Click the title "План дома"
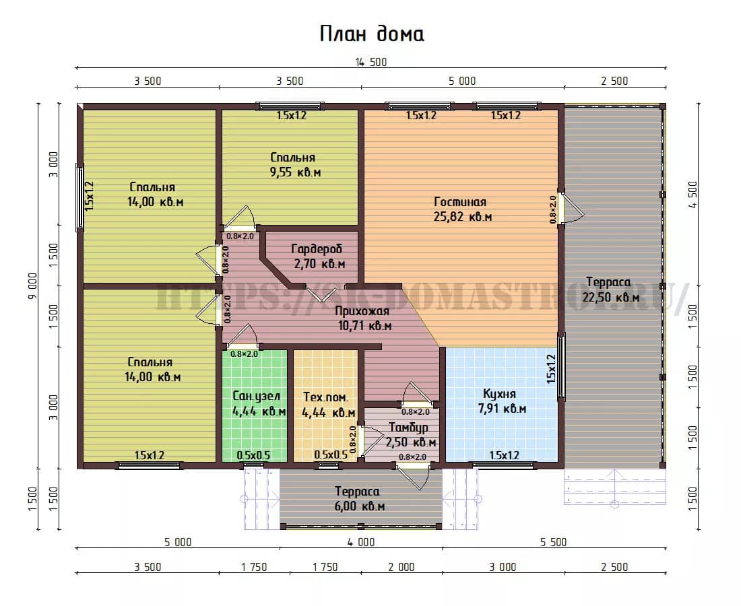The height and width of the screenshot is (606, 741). tap(371, 34)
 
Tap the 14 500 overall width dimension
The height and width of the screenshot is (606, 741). tap(371, 63)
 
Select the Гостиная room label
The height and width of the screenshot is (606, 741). tap(460, 202)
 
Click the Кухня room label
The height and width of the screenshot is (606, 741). tap(499, 393)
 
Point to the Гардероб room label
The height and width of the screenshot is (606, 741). tap(316, 249)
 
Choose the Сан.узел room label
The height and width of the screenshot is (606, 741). tap(256, 397)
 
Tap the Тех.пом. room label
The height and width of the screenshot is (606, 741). tap(325, 397)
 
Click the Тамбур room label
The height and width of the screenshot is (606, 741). tap(408, 428)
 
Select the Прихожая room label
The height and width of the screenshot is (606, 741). tap(362, 311)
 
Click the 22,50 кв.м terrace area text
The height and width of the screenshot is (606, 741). tap(610, 297)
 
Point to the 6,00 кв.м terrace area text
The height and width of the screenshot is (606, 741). tap(360, 506)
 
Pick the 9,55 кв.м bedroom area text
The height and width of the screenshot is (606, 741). tap(295, 172)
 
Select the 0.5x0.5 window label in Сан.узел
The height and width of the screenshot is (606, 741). tap(253, 455)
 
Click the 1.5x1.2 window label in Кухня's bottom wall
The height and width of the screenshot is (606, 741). tap(505, 455)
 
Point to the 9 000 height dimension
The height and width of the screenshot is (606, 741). tap(32, 285)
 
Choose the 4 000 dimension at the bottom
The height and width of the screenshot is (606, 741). tap(361, 542)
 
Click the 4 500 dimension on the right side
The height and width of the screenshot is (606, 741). tap(692, 195)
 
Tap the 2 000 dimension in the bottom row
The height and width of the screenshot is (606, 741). tap(401, 567)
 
